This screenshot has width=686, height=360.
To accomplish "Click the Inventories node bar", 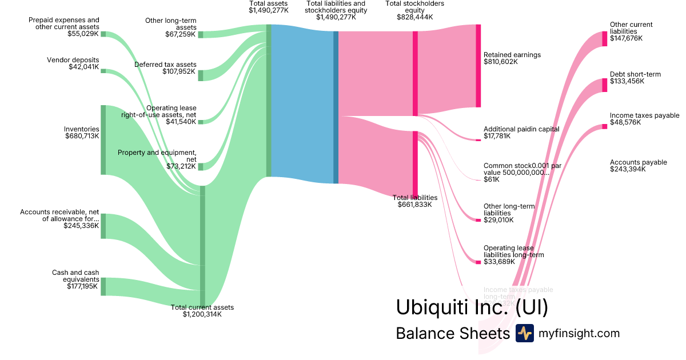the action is [103, 140].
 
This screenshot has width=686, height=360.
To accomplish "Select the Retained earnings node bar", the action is [478, 66].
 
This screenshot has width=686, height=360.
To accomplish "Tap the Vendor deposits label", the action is [73, 60].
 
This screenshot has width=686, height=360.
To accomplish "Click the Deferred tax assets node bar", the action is [201, 75].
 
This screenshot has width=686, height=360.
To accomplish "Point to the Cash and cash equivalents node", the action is [103, 286].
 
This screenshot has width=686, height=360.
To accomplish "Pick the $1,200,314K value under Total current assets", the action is [202, 314].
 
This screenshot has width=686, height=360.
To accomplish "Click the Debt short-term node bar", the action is [604, 85].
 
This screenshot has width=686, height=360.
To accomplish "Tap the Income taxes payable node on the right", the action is [604, 126].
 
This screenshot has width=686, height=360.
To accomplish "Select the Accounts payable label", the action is [638, 162].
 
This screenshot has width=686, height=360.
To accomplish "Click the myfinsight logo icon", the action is [524, 333].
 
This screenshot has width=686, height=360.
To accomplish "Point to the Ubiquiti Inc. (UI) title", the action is [472, 307].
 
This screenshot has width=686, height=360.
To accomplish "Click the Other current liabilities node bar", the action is [604, 39].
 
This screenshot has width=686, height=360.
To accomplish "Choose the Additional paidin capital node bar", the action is [478, 139].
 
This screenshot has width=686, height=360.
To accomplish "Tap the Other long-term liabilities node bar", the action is [478, 220].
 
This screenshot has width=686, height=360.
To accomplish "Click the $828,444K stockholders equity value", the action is [414, 17].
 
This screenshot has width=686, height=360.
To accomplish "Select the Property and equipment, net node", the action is [201, 166].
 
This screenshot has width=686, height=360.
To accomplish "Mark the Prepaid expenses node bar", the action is [103, 34].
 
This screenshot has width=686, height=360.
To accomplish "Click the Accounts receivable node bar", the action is [103, 226].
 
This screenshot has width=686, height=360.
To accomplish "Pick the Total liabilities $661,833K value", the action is [414, 204].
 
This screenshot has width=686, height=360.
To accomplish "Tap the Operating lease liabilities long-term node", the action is [478, 262].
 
